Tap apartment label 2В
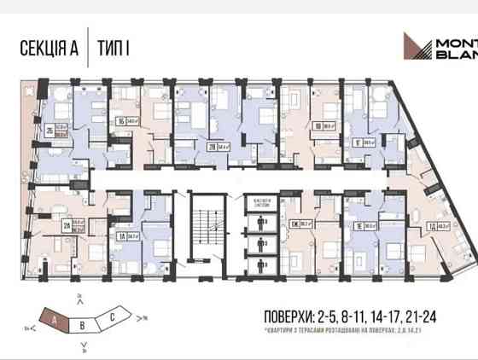pyautogui.click(x=211, y=146)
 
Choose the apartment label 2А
pyautogui.click(x=67, y=225)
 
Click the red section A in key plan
pyautogui.click(x=56, y=319)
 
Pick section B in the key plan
pyautogui.click(x=82, y=324)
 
